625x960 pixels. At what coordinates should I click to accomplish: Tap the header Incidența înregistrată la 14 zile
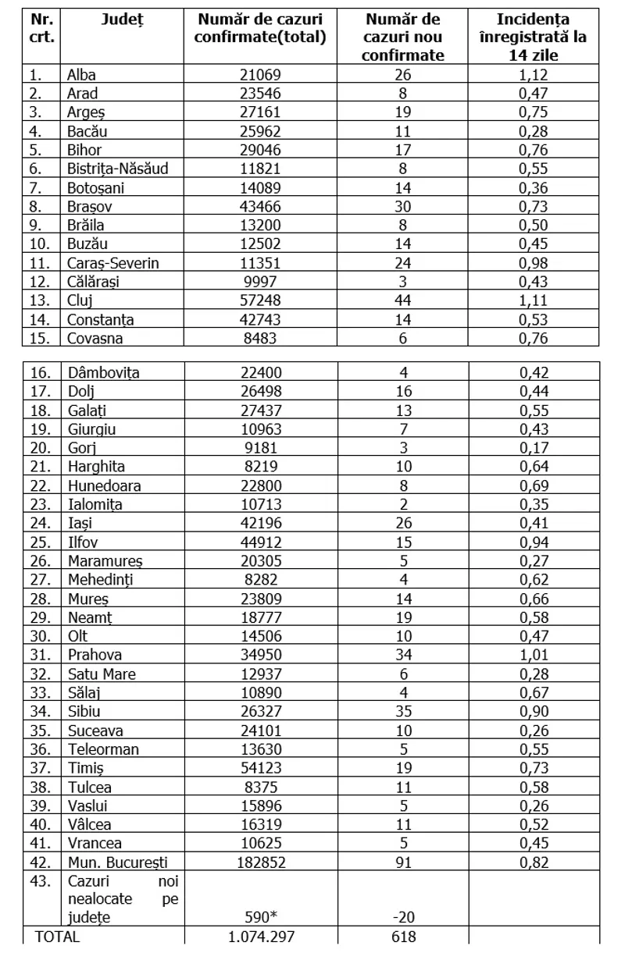point(534,37)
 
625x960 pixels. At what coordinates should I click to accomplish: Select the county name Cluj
point(81,300)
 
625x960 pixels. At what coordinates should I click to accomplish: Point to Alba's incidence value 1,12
point(534,75)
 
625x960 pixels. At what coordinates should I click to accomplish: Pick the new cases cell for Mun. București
point(404,862)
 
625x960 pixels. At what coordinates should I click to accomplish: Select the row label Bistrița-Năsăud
point(117,169)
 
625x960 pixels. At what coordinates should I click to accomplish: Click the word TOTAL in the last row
point(57,937)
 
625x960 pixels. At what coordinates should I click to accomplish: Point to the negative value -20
point(404,918)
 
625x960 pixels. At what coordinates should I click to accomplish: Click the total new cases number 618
point(404,937)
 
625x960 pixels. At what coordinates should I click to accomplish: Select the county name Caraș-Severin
point(112,263)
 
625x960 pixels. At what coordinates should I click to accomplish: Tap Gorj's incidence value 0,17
point(534,448)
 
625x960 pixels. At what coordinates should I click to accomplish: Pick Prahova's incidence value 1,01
point(534,655)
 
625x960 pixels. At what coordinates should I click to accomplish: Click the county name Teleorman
point(103,749)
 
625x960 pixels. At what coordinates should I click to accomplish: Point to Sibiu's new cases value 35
point(404,711)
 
